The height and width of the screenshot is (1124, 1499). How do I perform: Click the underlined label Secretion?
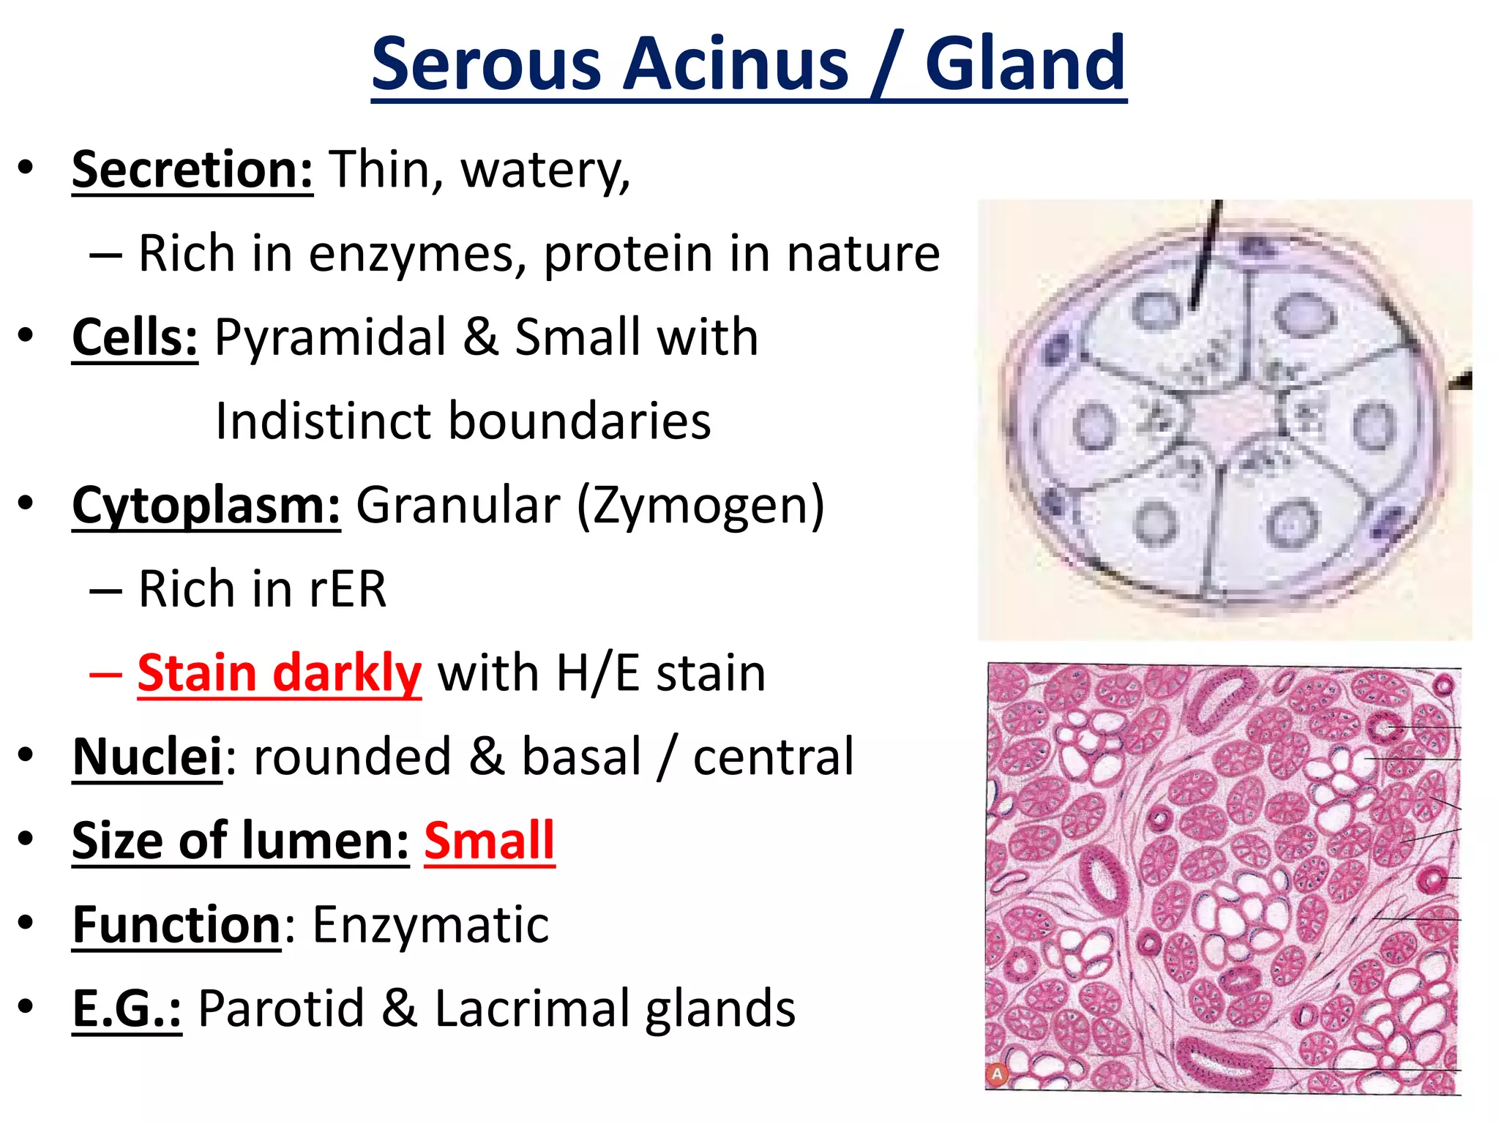pos(192,170)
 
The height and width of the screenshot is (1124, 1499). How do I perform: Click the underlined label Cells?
pos(135,337)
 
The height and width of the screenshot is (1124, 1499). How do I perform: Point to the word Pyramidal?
pos(330,337)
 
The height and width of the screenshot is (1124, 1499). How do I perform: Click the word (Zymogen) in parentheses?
pos(700,506)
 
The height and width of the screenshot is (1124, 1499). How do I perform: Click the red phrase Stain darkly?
pos(280,673)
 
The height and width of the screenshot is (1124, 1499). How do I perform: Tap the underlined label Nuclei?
pos(147,757)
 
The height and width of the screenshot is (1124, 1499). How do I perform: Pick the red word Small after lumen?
pos(489,841)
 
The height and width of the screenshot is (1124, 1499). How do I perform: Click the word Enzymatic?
pos(430,925)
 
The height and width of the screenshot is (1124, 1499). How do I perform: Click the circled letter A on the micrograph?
pos(997,1074)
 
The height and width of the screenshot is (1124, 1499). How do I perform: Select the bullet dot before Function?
pos(26,923)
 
